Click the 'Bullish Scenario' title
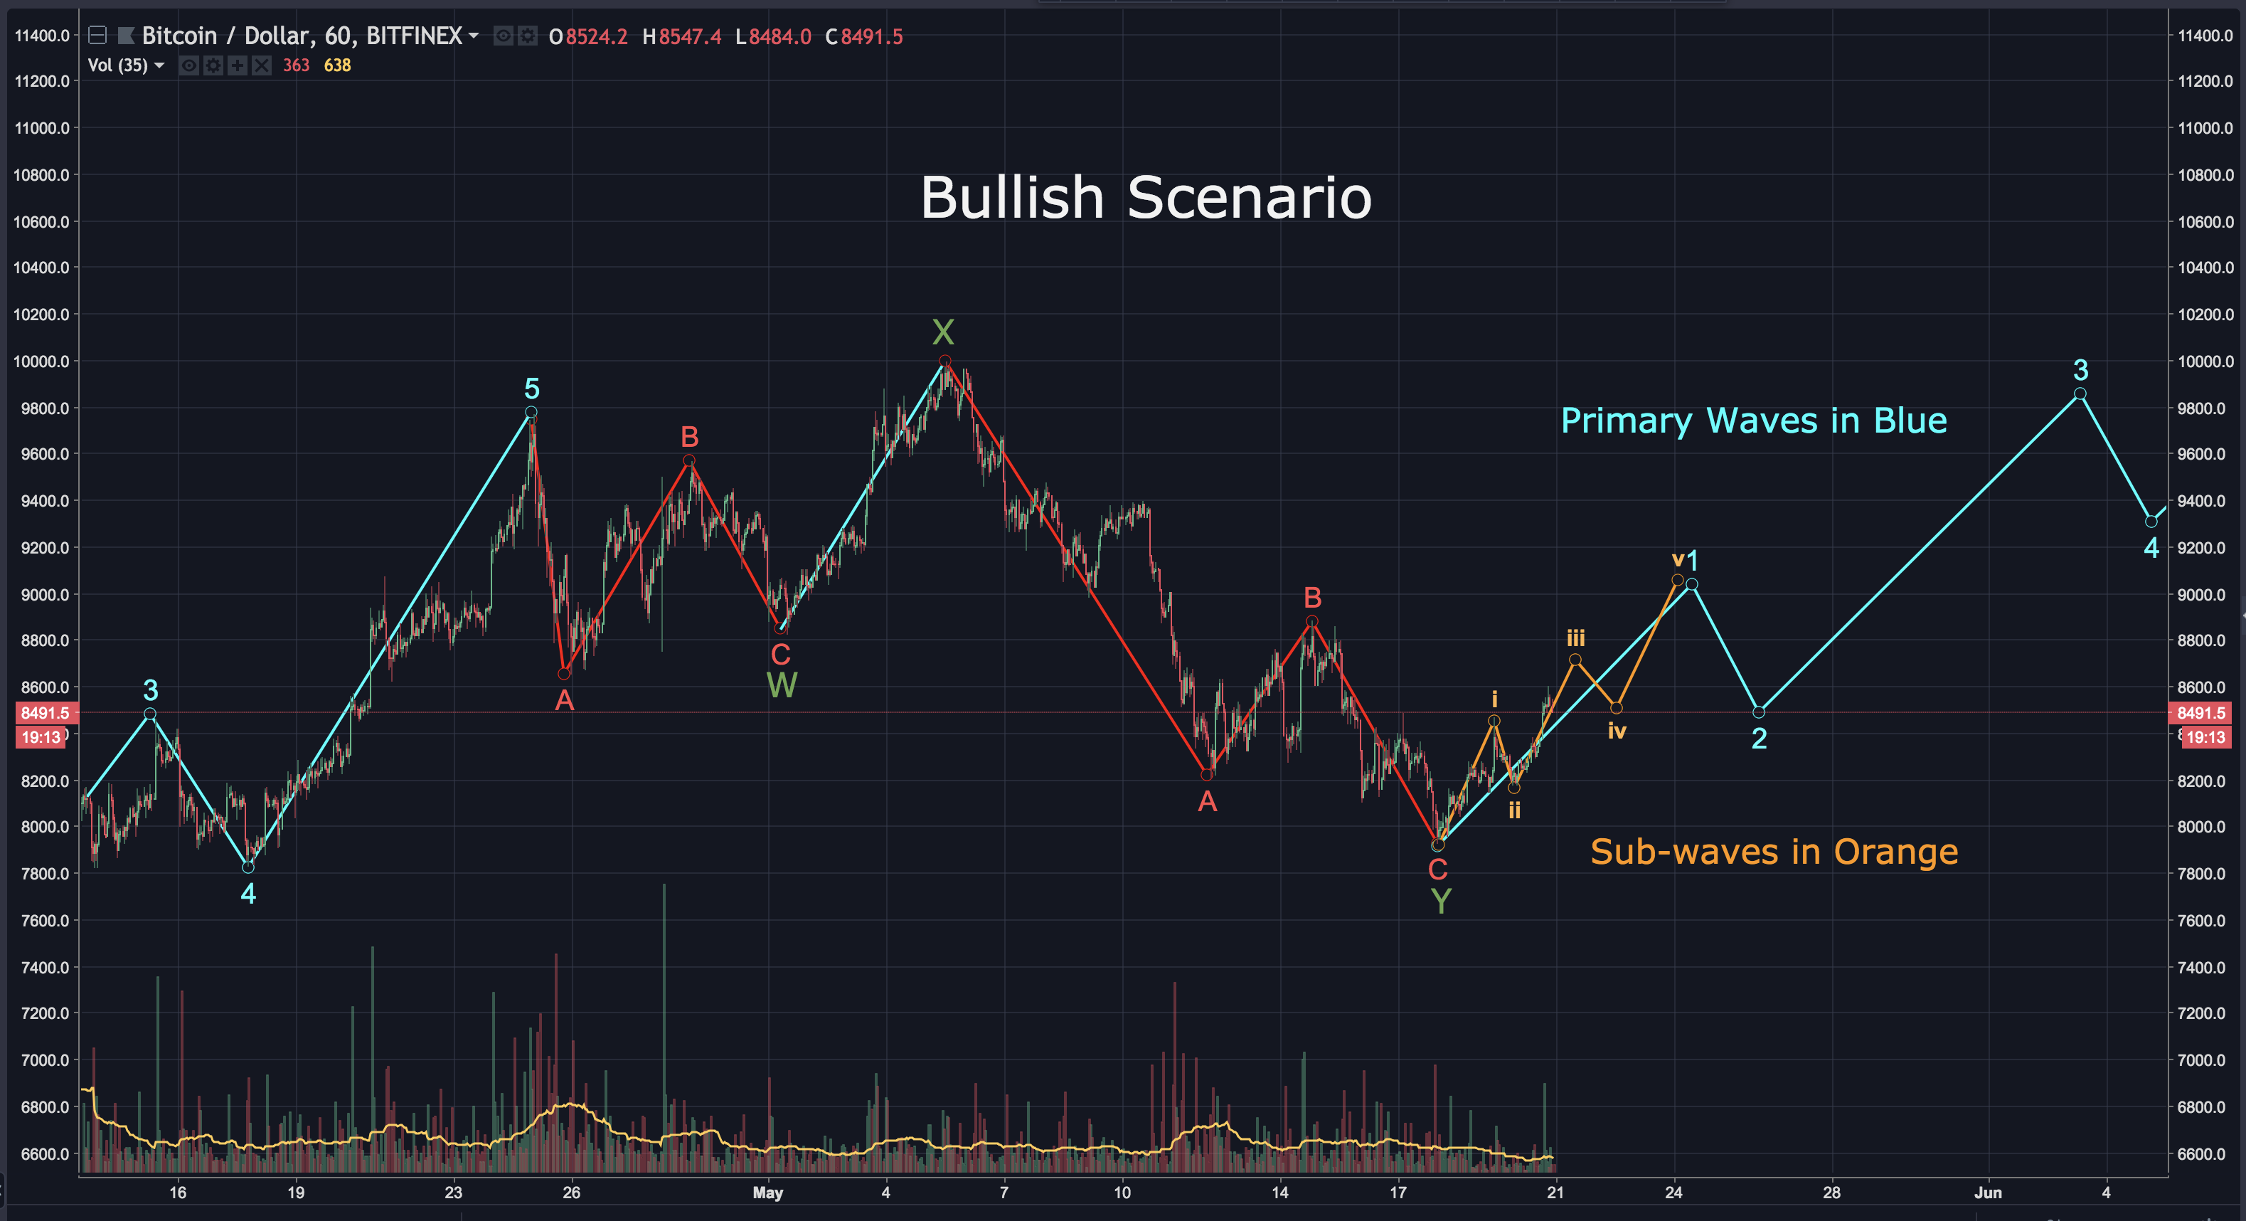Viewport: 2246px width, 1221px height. click(1146, 197)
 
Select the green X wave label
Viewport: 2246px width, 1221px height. click(942, 332)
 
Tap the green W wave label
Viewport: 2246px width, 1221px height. click(781, 685)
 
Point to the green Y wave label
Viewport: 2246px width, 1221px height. click(1440, 901)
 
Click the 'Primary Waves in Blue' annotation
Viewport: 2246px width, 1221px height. click(1752, 421)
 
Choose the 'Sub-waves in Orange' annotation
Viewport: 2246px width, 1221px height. click(1774, 852)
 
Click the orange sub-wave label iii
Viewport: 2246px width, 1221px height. click(1575, 638)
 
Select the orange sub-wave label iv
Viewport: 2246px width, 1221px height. click(1617, 731)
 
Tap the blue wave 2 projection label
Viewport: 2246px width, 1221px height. click(1759, 739)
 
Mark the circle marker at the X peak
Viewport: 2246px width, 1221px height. click(944, 361)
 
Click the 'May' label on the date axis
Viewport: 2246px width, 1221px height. click(767, 1193)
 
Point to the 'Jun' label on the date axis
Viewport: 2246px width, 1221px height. click(1988, 1193)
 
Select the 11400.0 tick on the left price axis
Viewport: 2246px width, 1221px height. click(42, 36)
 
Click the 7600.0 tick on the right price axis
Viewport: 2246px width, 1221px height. click(2205, 920)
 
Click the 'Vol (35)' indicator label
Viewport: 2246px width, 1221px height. click(118, 65)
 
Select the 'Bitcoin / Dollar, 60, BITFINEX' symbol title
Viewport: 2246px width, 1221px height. click(302, 36)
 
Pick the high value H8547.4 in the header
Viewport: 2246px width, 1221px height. click(682, 36)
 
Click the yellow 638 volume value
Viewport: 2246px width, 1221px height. click(337, 65)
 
